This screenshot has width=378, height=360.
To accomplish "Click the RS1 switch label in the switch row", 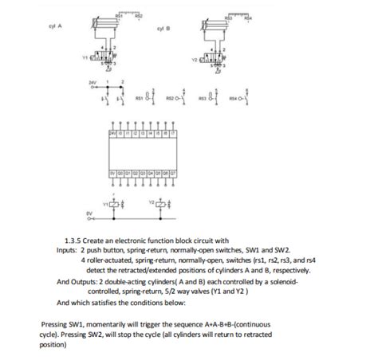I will coord(140,101).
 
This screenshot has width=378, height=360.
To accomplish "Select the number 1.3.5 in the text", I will coord(73,239).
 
